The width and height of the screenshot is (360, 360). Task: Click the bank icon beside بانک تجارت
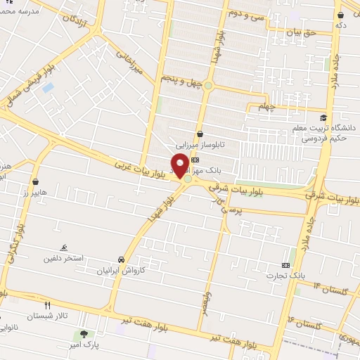(x=285, y=265)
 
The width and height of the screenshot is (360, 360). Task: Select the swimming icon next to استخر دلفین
(x=64, y=249)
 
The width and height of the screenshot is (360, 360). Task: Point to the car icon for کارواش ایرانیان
(x=122, y=259)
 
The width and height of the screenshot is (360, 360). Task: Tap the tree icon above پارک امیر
(x=84, y=334)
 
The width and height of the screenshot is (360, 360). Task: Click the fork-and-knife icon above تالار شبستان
(x=48, y=306)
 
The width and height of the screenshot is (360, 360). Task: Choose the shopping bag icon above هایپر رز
(x=35, y=182)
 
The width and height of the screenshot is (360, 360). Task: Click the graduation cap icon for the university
(x=323, y=117)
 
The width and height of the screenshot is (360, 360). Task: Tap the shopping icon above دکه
(x=340, y=15)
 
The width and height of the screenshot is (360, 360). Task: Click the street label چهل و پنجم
(x=181, y=82)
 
